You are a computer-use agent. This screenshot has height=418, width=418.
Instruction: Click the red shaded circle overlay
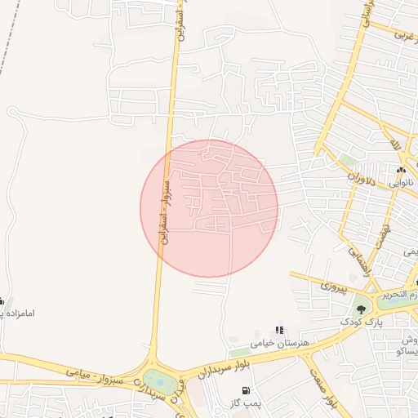click(x=209, y=208)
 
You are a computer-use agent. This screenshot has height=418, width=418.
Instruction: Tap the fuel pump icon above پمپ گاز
click(x=247, y=389)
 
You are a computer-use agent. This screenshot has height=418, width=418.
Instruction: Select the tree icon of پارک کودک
click(x=361, y=309)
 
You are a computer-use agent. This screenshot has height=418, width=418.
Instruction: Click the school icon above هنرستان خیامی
click(x=279, y=330)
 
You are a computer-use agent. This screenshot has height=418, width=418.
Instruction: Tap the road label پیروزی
click(x=334, y=287)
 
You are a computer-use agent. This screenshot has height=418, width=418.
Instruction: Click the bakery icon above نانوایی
click(x=401, y=170)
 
